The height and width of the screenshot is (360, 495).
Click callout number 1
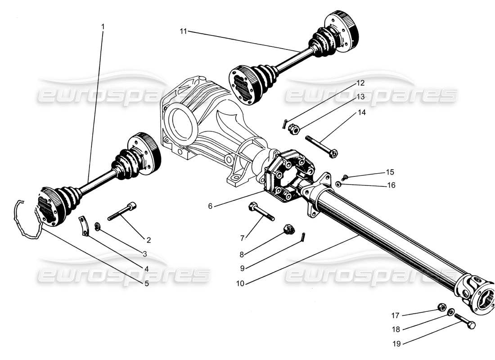(103, 27)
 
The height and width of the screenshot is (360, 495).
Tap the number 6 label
(211, 206)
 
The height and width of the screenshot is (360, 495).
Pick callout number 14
(362, 113)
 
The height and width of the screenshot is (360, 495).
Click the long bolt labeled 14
(321, 146)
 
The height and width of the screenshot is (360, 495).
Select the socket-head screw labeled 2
(122, 211)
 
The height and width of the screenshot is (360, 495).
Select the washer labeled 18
(450, 312)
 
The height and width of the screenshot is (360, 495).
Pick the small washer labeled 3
(97, 225)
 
